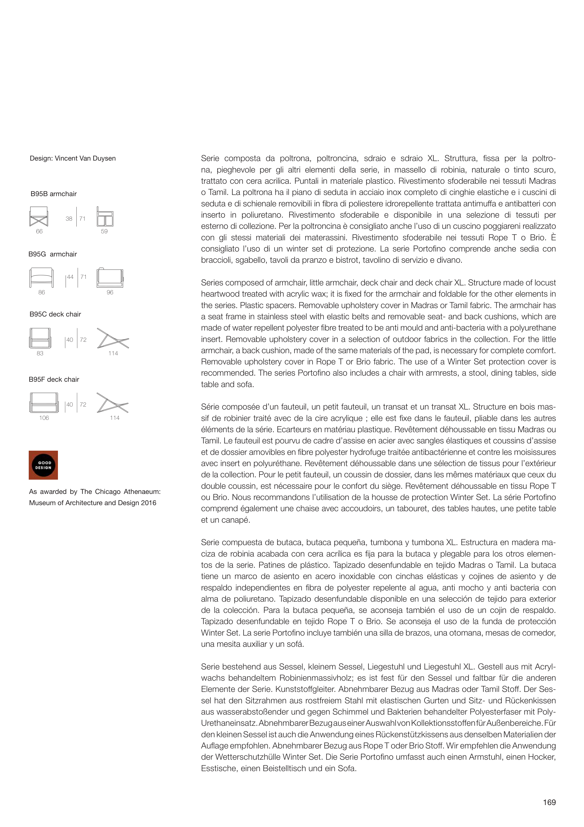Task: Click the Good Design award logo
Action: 43,465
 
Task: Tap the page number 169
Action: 549,802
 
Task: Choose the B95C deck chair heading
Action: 55,314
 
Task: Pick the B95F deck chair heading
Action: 54,379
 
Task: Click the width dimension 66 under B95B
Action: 39,231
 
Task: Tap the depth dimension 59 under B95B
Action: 104,231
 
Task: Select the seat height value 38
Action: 69,219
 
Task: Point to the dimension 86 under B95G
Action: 42,292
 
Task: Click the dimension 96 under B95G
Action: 110,292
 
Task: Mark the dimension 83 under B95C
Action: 40,353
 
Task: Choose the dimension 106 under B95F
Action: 44,418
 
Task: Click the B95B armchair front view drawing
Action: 39,216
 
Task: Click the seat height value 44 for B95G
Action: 70,277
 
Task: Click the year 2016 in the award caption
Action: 149,503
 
